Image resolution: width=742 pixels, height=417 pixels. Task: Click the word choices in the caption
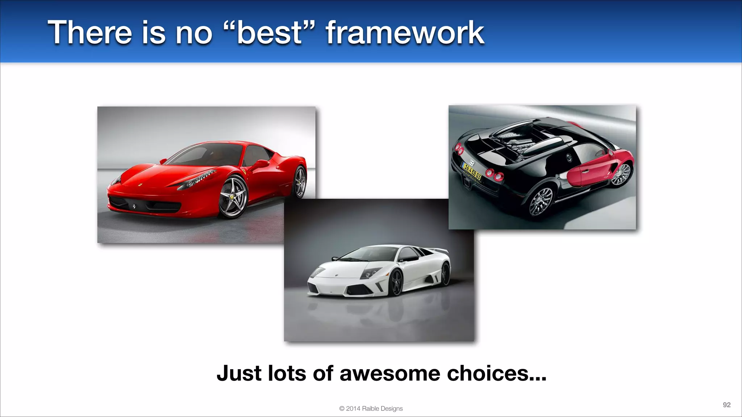point(496,373)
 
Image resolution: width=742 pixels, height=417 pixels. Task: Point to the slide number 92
point(726,405)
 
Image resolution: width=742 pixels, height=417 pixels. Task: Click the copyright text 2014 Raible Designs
point(371,408)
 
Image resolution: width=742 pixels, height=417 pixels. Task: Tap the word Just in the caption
point(239,373)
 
